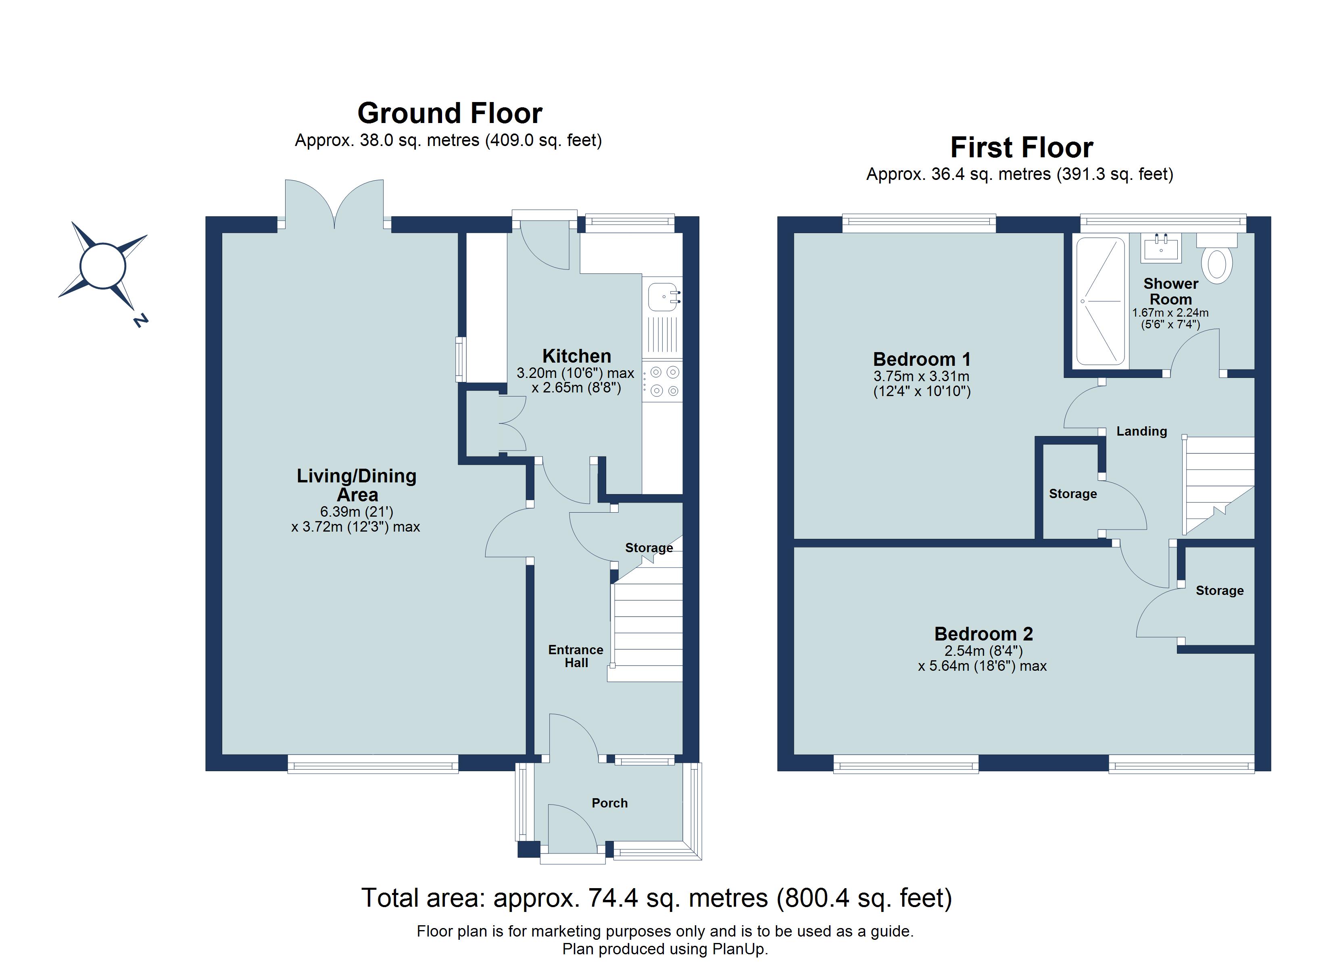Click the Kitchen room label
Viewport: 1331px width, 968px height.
tap(576, 356)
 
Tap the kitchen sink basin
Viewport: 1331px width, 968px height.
tap(661, 297)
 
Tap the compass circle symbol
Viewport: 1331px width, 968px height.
tap(103, 266)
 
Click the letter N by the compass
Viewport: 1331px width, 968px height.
tap(141, 321)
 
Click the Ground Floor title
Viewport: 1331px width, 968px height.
tap(450, 113)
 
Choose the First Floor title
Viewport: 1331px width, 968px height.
tap(1021, 147)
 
